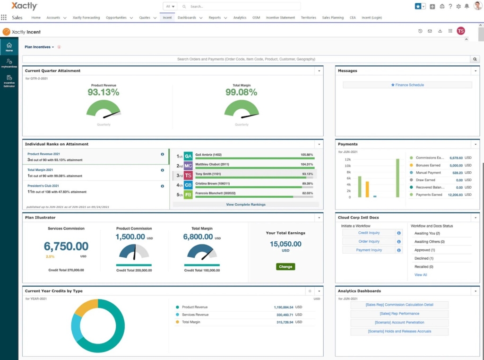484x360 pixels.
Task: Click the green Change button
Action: [285, 266]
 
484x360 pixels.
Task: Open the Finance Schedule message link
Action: [407, 85]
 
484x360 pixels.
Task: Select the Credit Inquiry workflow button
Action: [369, 233]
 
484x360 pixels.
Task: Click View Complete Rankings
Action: [245, 204]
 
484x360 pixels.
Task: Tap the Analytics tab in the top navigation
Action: [240, 18]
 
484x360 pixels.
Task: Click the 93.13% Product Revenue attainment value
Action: [104, 92]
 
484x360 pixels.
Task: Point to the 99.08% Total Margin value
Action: [241, 92]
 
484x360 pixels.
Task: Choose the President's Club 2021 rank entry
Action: [43, 186]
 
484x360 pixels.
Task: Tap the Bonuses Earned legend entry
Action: [428, 166]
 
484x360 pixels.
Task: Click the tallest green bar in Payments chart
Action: [398, 178]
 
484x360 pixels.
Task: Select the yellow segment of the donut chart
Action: [85, 307]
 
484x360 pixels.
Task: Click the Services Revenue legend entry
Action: [195, 315]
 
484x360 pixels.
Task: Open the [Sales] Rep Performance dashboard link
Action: [399, 314]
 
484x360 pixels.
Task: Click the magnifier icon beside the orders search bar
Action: [475, 59]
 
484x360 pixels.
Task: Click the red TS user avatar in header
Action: [460, 31]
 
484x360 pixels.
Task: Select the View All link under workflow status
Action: [420, 275]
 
